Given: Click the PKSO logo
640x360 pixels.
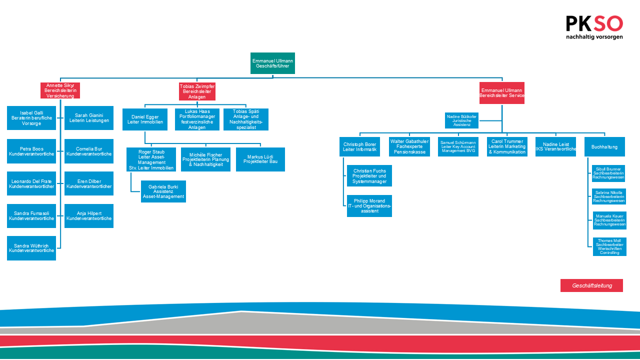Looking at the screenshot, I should (594, 24).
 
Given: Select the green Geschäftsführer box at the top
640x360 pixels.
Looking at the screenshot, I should (272, 63).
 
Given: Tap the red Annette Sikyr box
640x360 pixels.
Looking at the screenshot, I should (60, 90).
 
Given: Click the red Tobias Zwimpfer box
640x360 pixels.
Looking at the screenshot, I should (197, 91).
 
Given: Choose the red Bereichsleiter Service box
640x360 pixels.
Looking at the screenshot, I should (501, 93).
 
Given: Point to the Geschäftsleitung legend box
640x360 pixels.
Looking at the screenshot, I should (591, 285).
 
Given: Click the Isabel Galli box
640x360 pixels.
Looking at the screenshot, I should (31, 118).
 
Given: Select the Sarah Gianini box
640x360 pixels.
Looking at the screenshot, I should (89, 118).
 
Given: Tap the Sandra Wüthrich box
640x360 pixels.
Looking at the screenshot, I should (31, 248).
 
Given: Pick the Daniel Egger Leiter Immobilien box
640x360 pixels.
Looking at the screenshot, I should (144, 119).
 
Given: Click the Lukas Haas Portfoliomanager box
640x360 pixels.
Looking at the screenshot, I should (197, 119).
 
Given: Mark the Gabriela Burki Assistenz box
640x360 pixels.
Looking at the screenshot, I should (163, 191).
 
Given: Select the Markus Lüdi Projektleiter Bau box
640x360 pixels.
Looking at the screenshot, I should (260, 159).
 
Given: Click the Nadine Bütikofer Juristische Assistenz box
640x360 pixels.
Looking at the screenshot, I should (461, 120).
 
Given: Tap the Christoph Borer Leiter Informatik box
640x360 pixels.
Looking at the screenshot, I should (359, 147).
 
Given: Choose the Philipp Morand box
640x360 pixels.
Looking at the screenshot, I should (369, 206).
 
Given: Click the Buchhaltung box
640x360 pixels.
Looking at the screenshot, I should (604, 147).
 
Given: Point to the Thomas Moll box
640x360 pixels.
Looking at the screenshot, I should (609, 247).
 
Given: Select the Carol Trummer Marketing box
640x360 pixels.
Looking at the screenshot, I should (507, 147).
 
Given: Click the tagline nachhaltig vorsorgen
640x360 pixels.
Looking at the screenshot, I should (594, 37).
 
